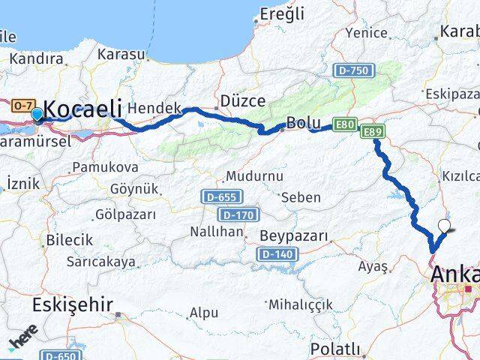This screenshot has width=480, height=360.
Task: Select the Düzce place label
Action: click(238, 100)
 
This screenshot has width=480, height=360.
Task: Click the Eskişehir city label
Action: click(72, 304)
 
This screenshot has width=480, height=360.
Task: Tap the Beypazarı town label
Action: click(294, 236)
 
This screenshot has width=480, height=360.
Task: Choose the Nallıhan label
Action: click(217, 232)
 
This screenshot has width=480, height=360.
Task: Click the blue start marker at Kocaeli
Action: click(37, 115)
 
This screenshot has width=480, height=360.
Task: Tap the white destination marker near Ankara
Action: click(444, 225)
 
